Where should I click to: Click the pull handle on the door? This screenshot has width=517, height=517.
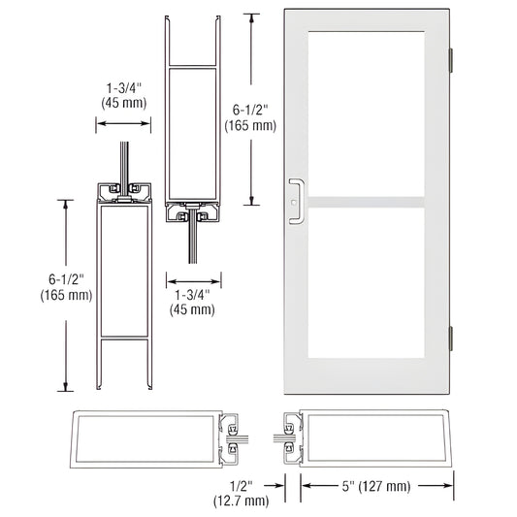[298, 199]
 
